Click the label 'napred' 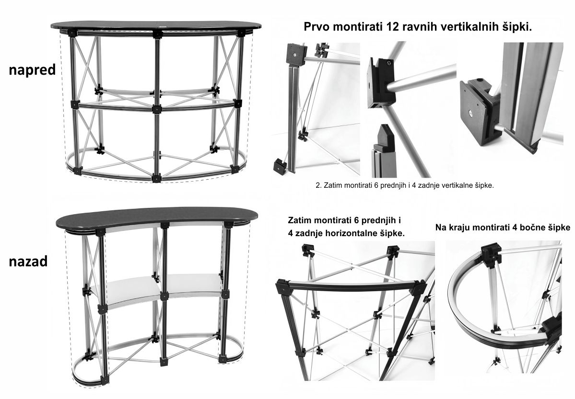tap(32, 70)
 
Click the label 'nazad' tap(28, 261)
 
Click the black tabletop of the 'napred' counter tap(156, 25)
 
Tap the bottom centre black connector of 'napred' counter tap(156, 178)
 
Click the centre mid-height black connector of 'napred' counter tap(157, 109)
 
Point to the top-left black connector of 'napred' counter tap(72, 34)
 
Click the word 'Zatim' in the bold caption tap(300, 220)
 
